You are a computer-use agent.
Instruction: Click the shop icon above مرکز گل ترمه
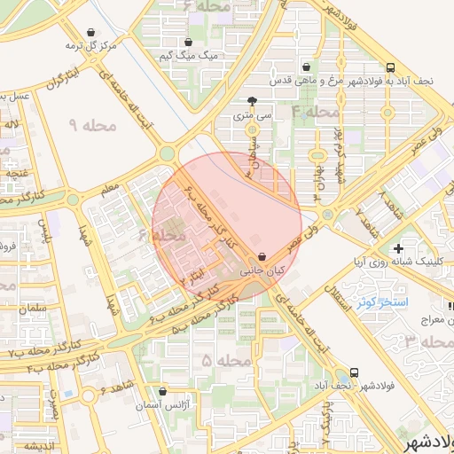(x=67, y=29)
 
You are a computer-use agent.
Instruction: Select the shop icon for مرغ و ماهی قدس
(x=307, y=67)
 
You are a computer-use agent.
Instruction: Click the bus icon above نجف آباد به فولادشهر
(x=390, y=67)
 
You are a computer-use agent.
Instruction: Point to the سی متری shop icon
(x=253, y=101)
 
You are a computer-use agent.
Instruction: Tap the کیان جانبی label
(x=262, y=269)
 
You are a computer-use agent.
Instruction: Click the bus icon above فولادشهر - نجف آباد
(x=355, y=372)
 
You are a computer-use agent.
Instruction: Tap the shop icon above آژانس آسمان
(x=161, y=391)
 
